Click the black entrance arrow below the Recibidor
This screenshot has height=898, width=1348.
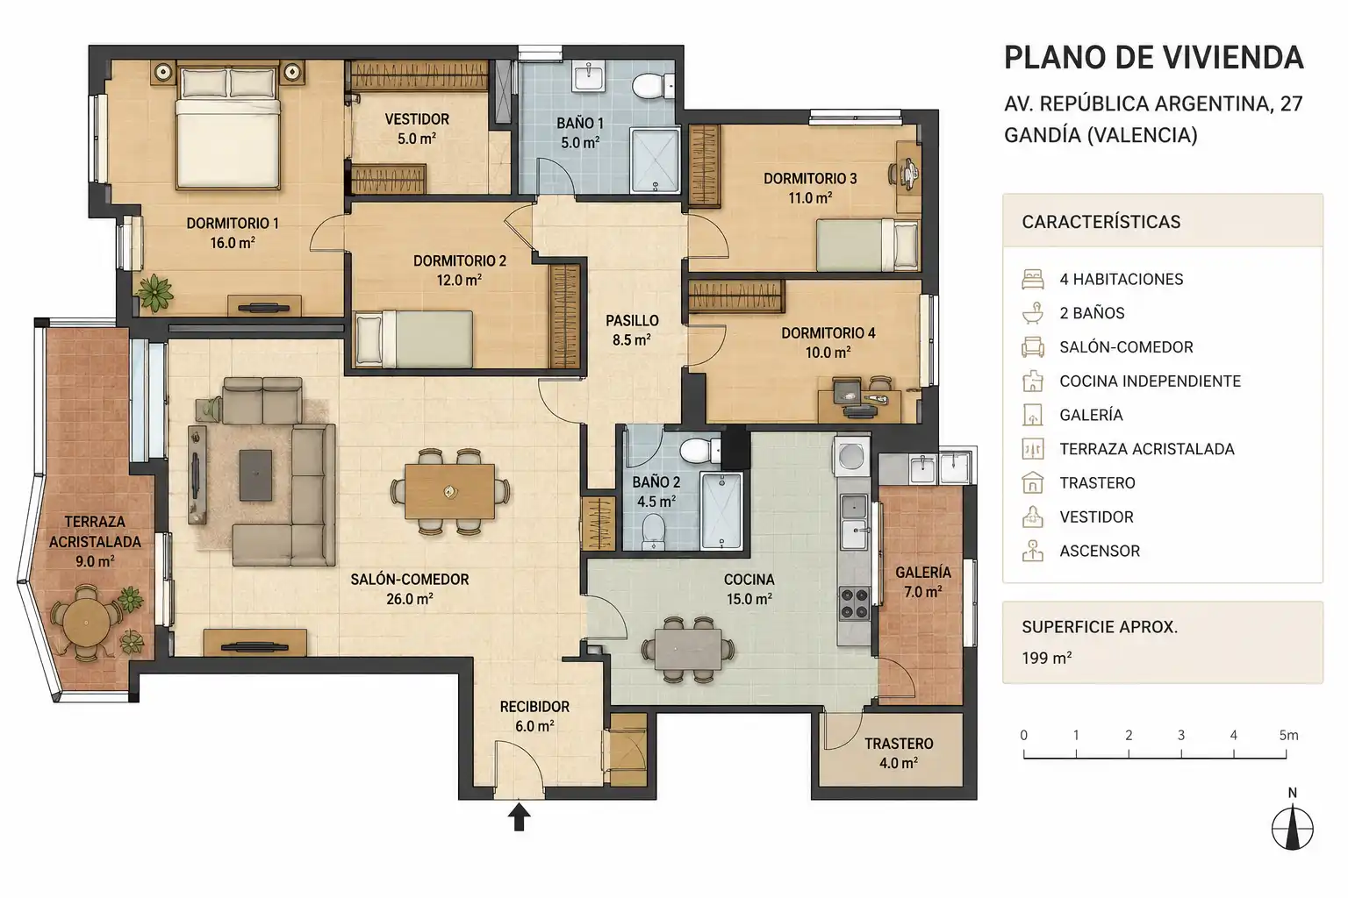click(x=519, y=817)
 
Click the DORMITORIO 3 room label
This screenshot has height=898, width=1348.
click(x=810, y=179)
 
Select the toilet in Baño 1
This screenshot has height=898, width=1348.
click(x=653, y=85)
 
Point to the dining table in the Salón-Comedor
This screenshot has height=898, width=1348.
click(x=449, y=491)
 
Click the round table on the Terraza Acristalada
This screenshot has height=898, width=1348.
click(x=87, y=622)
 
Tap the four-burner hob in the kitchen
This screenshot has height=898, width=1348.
click(x=855, y=604)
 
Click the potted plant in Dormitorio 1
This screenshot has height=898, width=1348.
click(x=154, y=293)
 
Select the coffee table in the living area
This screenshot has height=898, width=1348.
click(x=255, y=475)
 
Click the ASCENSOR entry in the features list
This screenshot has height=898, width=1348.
click(x=1100, y=551)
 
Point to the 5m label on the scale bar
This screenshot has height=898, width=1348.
click(x=1288, y=735)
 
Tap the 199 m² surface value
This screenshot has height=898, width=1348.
click(x=1046, y=658)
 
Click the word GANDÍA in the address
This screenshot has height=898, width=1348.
click(x=1043, y=135)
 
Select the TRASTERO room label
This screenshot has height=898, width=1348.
click(x=899, y=744)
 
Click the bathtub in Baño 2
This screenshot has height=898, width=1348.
click(x=721, y=510)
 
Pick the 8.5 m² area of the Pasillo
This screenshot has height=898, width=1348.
click(x=631, y=340)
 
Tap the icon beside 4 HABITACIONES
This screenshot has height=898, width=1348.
click(x=1033, y=280)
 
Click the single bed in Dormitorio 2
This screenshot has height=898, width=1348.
click(x=414, y=339)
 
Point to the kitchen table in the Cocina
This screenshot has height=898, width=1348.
click(x=688, y=650)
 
